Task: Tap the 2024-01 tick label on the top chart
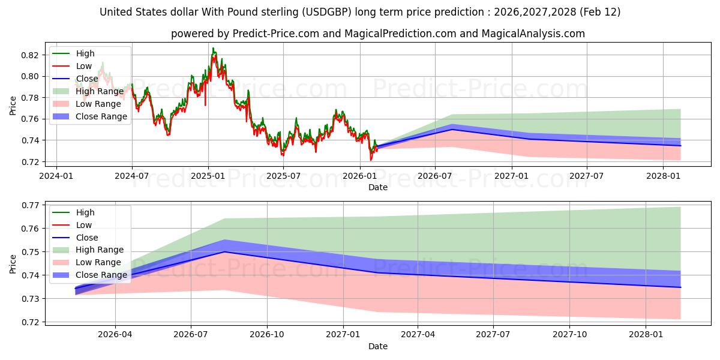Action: coord(56,176)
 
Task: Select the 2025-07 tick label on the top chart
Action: coord(283,176)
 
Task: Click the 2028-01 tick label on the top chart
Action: coord(662,176)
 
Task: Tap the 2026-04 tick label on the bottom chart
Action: coord(115,335)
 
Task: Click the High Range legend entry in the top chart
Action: coord(100,91)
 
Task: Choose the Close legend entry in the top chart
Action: coord(87,79)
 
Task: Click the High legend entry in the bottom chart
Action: coord(85,212)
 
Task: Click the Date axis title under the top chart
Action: coord(378,187)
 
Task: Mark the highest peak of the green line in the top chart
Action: coord(212,48)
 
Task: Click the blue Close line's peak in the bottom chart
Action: coord(224,251)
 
